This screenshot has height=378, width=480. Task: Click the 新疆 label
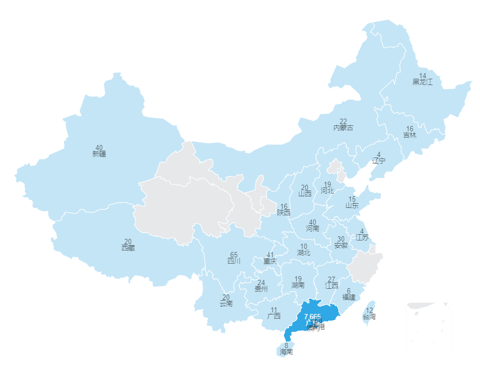tap(99, 154)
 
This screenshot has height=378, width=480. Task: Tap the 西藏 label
tap(128, 248)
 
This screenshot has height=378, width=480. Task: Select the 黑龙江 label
tap(422, 82)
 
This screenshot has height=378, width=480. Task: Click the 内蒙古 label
tap(343, 128)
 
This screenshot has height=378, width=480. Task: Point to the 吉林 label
tap(410, 135)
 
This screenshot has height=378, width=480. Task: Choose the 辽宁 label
tap(378, 161)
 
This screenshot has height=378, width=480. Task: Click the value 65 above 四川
tap(234, 255)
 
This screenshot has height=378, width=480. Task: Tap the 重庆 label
tap(270, 261)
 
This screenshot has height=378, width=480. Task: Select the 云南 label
tap(226, 303)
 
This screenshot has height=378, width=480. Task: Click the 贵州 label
tap(261, 289)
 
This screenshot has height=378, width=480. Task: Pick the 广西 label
tap(274, 316)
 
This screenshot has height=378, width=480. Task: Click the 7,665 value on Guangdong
tap(312, 317)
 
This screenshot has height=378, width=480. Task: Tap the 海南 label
tap(286, 352)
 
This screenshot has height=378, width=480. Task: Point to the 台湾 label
tap(369, 317)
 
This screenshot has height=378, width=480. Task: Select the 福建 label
tap(349, 297)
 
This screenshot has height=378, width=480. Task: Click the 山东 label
tap(352, 206)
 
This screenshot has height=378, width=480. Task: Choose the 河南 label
tap(313, 228)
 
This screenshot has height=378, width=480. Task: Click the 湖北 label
tap(304, 253)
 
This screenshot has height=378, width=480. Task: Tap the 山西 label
tap(305, 193)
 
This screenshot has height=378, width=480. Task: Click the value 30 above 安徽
tap(341, 239)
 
